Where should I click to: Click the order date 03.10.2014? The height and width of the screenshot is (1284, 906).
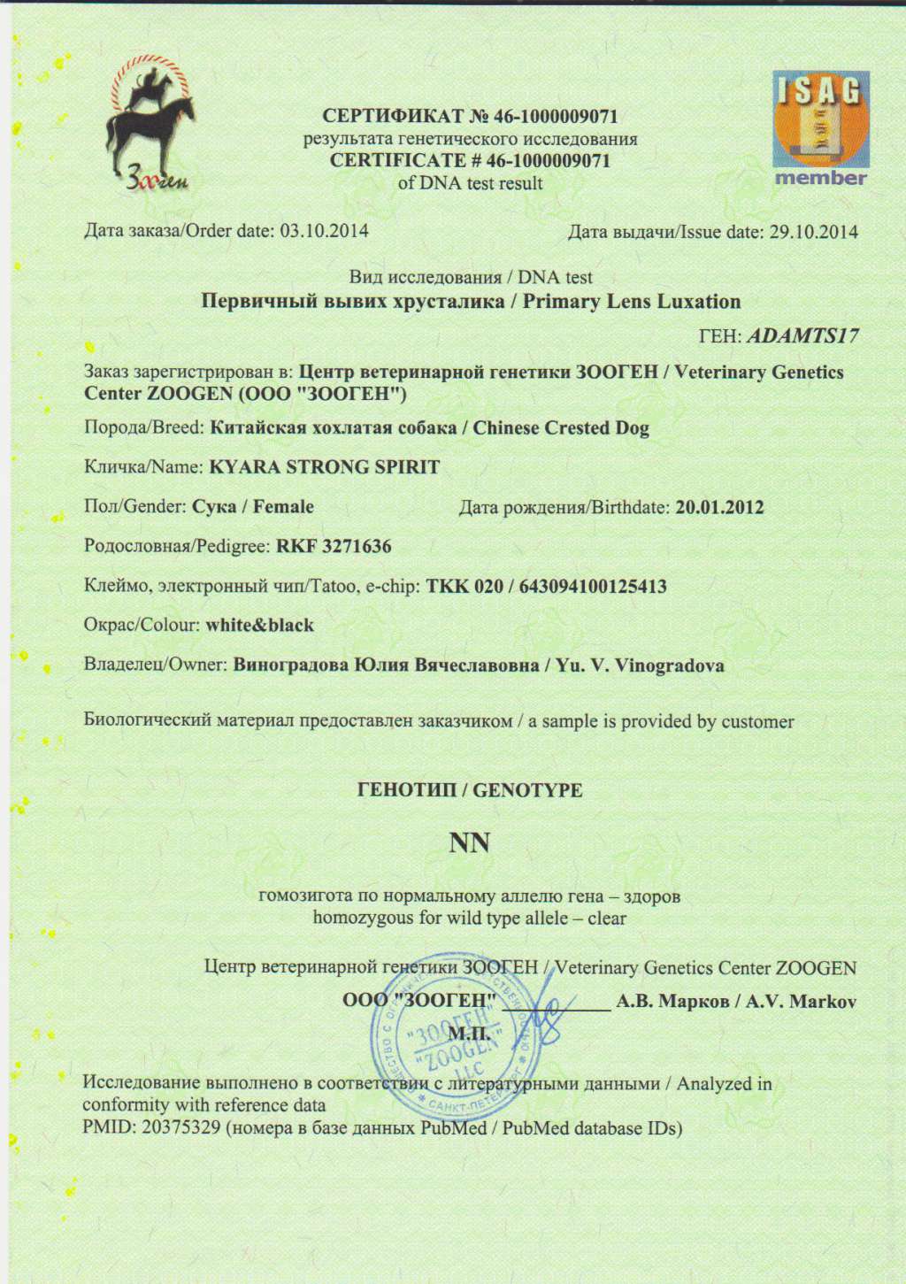point(324,232)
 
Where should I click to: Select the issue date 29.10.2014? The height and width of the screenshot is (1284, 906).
point(813,233)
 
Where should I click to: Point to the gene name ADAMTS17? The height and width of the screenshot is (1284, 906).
point(802,336)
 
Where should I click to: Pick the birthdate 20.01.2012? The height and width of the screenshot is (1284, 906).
point(719,508)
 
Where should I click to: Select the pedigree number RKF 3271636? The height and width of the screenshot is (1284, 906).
point(334,547)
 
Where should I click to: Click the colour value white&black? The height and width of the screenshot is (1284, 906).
point(260,626)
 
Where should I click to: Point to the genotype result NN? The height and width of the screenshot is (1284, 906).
point(470,842)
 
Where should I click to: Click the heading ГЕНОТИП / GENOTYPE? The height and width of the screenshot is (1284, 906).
point(470,790)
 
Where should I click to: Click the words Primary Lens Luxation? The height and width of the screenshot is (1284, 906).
point(631,302)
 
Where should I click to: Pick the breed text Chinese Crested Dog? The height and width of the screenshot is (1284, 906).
point(561,428)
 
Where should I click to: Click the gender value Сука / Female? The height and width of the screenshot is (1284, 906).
point(253,507)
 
